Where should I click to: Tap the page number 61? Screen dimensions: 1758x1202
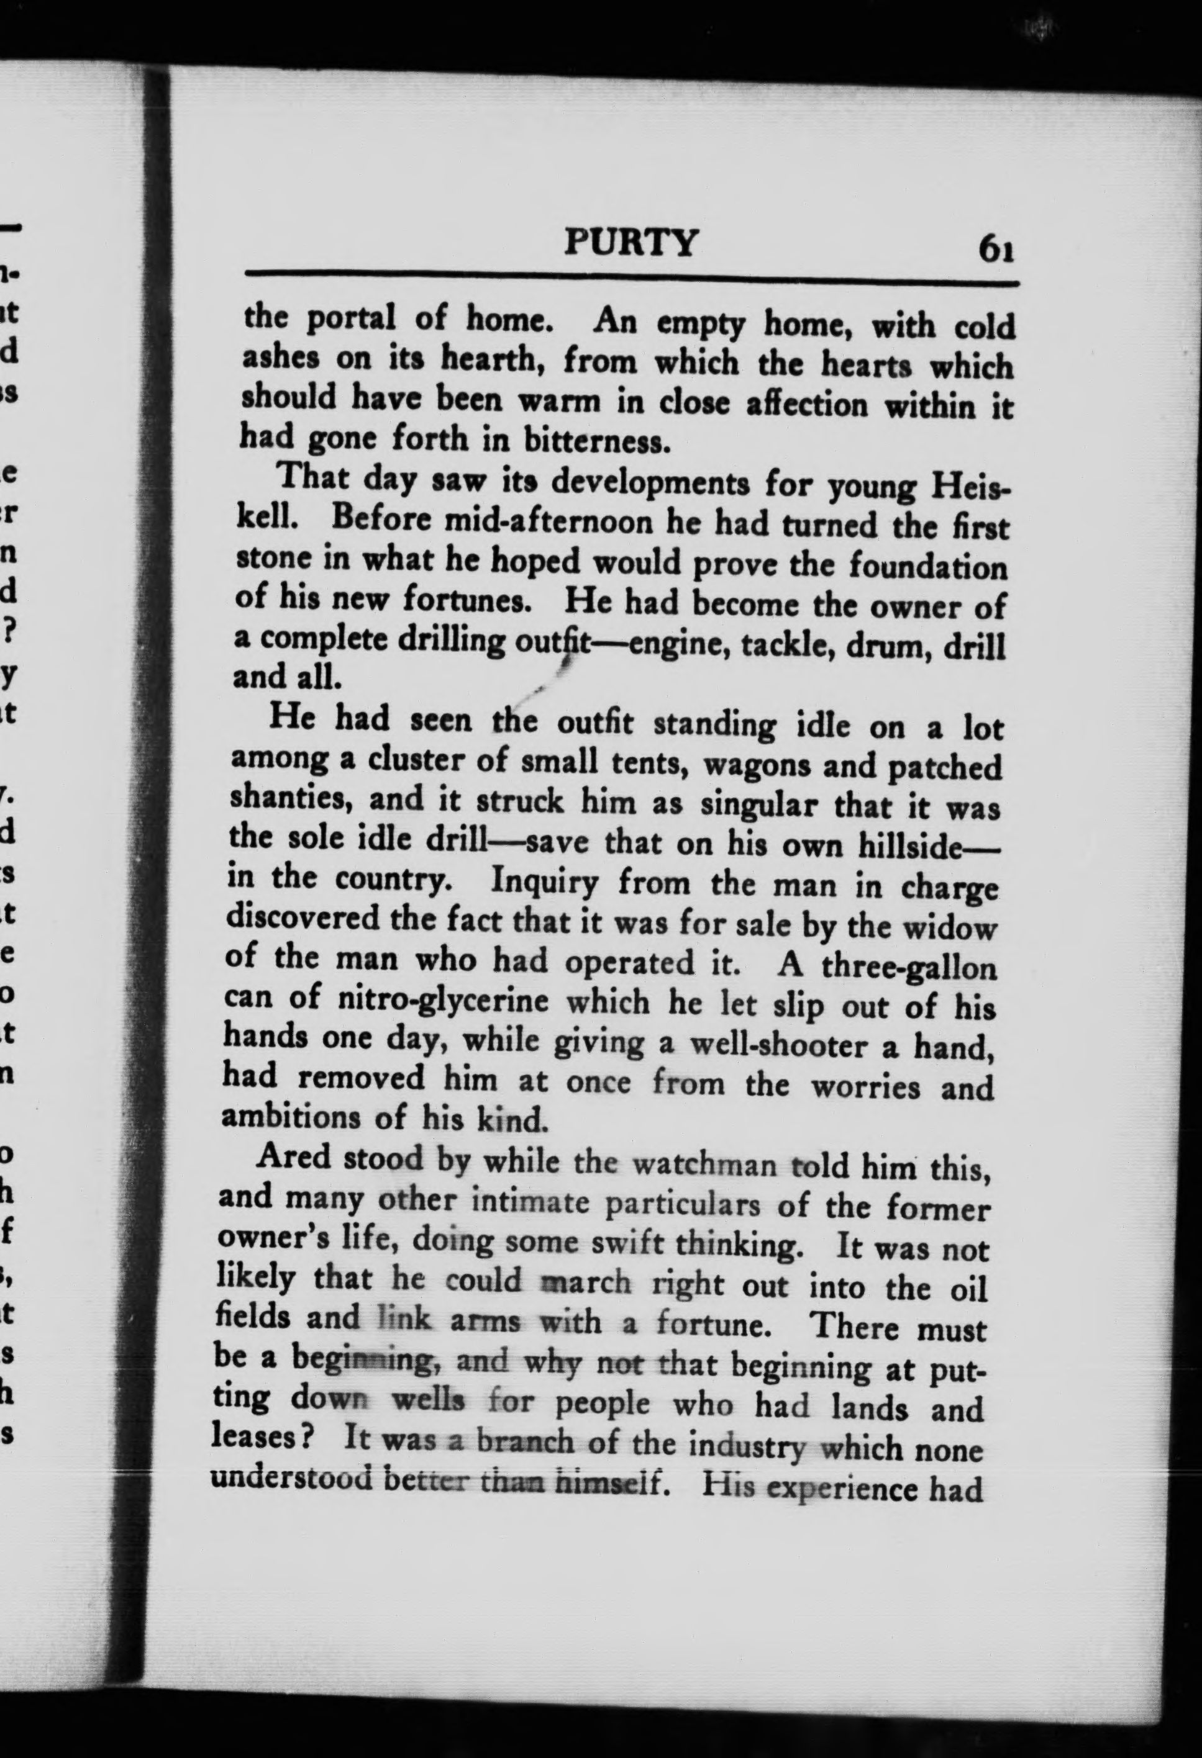[995, 250]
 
